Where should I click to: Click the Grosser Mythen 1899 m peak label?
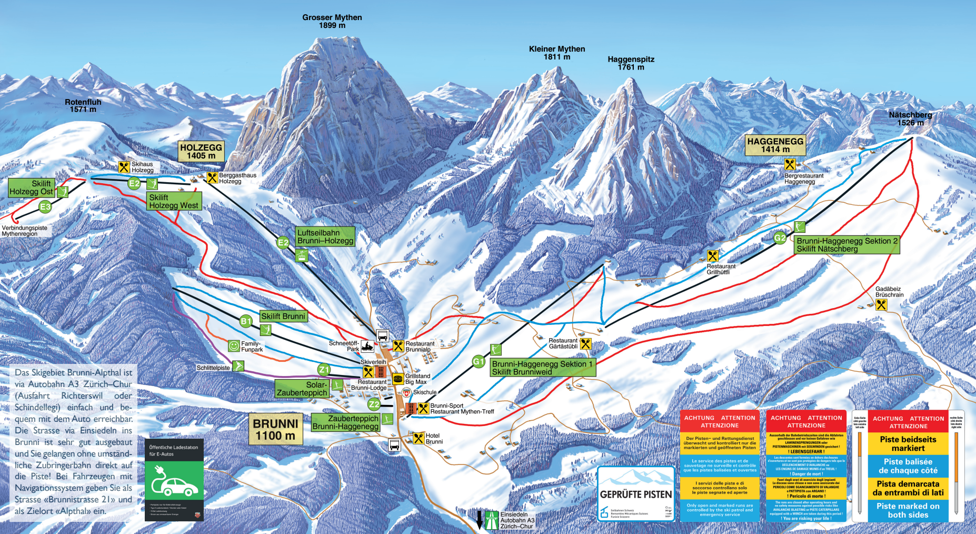point(332,21)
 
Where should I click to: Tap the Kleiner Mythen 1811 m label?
point(556,53)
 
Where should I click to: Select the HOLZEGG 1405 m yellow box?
point(201,151)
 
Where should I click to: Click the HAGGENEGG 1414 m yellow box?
point(775,145)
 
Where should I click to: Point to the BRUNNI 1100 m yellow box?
point(275,429)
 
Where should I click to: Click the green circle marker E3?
point(45,207)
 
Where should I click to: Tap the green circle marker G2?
point(780,238)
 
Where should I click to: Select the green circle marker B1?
point(245,321)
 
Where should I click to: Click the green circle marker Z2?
point(373,404)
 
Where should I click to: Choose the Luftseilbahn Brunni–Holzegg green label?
point(325,236)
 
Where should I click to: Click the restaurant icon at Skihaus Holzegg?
point(124,167)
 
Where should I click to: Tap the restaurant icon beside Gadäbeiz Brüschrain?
point(881,304)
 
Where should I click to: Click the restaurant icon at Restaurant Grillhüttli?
point(712,256)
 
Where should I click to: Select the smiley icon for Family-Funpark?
point(234,346)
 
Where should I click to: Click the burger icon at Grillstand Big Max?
point(398,379)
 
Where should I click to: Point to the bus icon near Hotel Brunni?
point(394,445)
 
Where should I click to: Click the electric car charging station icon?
point(174,480)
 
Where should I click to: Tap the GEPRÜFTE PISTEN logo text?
point(636,495)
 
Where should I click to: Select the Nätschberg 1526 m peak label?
point(910,118)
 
